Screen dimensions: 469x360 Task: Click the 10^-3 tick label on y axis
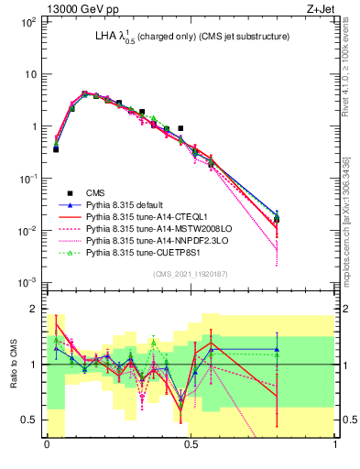[x=27, y=282]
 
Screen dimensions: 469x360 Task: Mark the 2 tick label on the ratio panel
[x=35, y=309]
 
